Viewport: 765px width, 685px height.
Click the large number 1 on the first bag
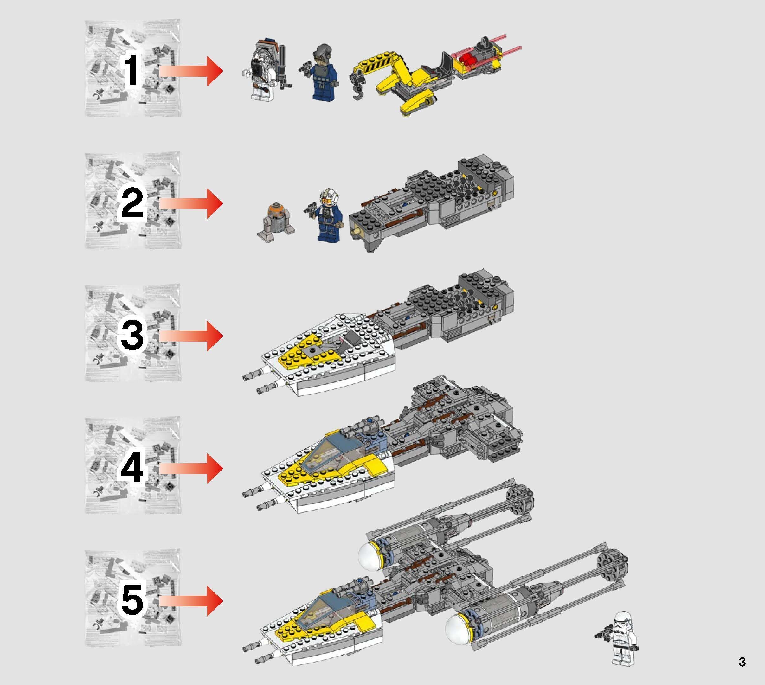132,71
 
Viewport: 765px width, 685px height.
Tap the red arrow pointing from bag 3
192,336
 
